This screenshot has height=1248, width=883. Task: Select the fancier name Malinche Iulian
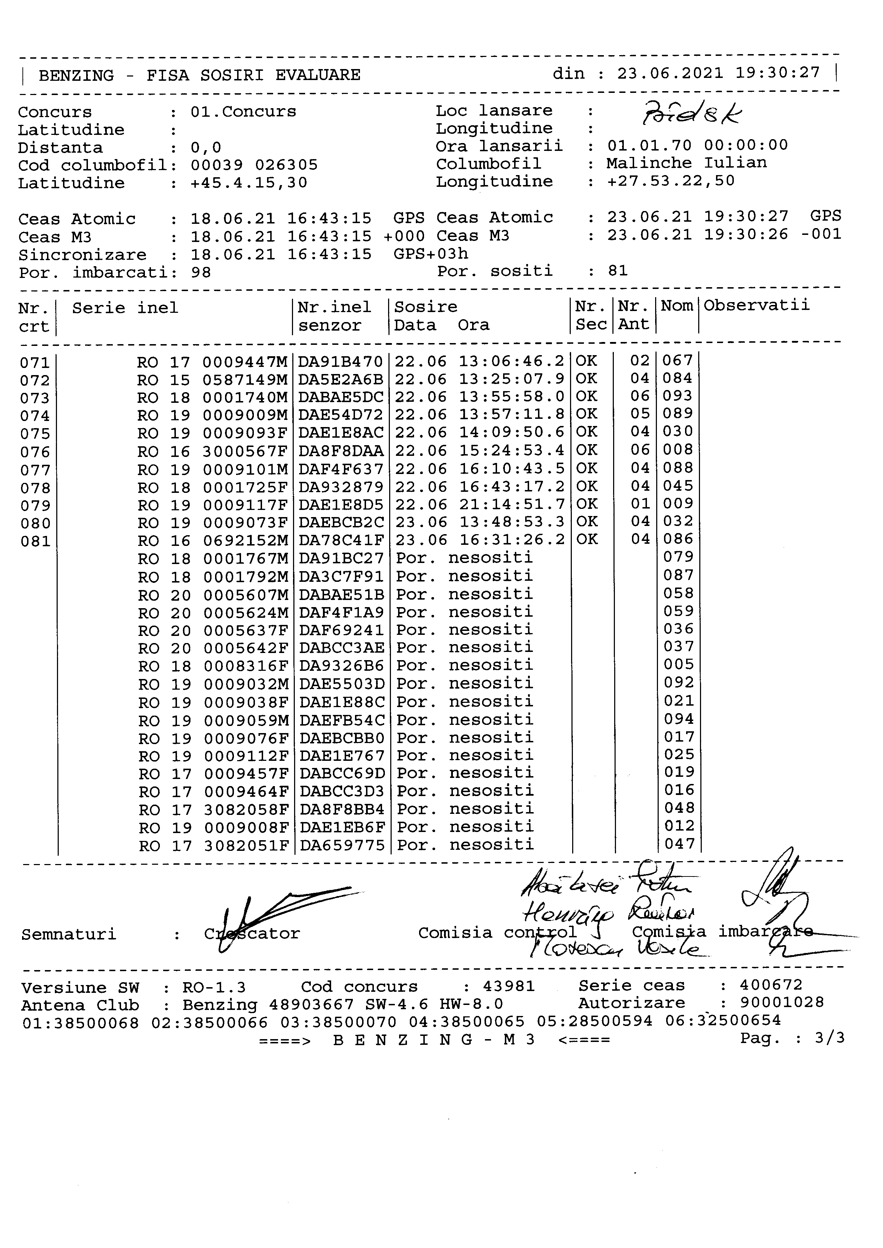[687, 163]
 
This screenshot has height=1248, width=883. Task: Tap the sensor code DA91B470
[341, 362]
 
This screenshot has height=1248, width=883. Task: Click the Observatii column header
[756, 305]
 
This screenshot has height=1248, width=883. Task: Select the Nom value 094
[679, 720]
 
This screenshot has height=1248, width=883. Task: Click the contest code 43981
[508, 986]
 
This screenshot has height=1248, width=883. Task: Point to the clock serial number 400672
[770, 985]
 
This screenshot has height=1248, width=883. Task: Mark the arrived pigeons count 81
[618, 271]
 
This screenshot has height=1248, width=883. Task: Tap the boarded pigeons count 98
[200, 272]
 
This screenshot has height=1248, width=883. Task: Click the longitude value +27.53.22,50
[671, 181]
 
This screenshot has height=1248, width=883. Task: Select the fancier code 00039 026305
[254, 165]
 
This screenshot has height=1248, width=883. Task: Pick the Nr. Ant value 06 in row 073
[640, 396]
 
